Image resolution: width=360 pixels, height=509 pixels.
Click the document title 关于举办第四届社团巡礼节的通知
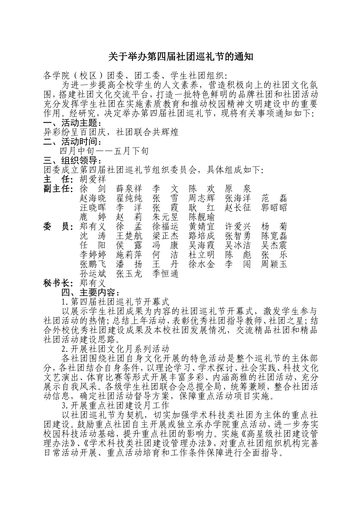coord(180,57)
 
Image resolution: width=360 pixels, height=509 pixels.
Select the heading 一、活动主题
coord(72,123)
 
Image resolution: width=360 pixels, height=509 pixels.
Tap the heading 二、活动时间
coord(72,142)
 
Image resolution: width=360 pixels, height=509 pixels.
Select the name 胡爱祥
coord(93,179)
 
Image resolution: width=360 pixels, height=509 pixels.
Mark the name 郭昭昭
coord(274,208)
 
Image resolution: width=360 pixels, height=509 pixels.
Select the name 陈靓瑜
coord(202,217)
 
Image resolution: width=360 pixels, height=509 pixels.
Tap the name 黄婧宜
coord(202,226)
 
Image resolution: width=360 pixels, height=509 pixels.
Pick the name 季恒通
coord(165,273)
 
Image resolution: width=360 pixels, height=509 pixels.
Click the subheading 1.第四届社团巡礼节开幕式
coord(115,302)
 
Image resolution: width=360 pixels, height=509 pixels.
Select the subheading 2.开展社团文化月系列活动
coord(115,348)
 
